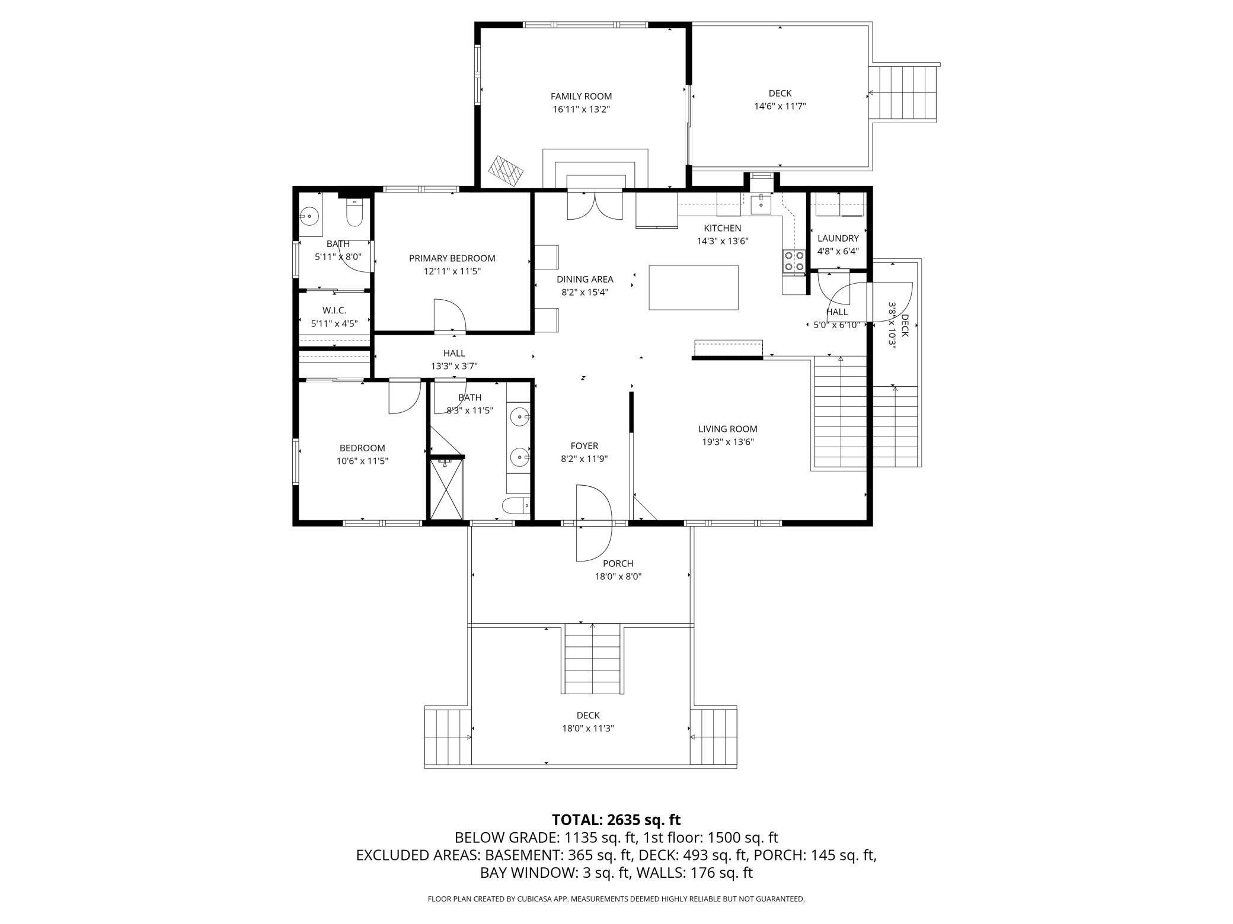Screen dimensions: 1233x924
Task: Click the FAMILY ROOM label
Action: (x=581, y=96)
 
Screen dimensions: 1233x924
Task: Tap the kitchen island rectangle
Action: (x=694, y=287)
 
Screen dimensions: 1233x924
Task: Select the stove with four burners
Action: (x=794, y=262)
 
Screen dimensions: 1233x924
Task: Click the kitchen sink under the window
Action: (x=761, y=204)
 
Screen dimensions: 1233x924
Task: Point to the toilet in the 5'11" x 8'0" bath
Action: (x=354, y=213)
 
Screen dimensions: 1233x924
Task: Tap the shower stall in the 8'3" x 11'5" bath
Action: (x=446, y=489)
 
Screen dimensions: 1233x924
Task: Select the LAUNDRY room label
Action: (x=838, y=238)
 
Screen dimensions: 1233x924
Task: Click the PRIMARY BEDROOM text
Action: (x=452, y=258)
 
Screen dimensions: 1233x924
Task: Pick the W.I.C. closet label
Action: (x=334, y=310)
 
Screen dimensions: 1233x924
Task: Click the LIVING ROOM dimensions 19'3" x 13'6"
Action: (x=726, y=442)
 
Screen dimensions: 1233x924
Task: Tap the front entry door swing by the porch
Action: (x=594, y=523)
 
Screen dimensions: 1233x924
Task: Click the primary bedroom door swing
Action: (x=450, y=315)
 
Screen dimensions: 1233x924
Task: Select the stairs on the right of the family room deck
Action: (x=902, y=93)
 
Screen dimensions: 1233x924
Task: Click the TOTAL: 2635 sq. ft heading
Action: (x=616, y=820)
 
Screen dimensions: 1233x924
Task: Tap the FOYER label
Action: (x=584, y=446)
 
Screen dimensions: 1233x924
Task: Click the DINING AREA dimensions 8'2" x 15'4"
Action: (x=584, y=292)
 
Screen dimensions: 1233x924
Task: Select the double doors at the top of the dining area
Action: (x=595, y=205)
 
